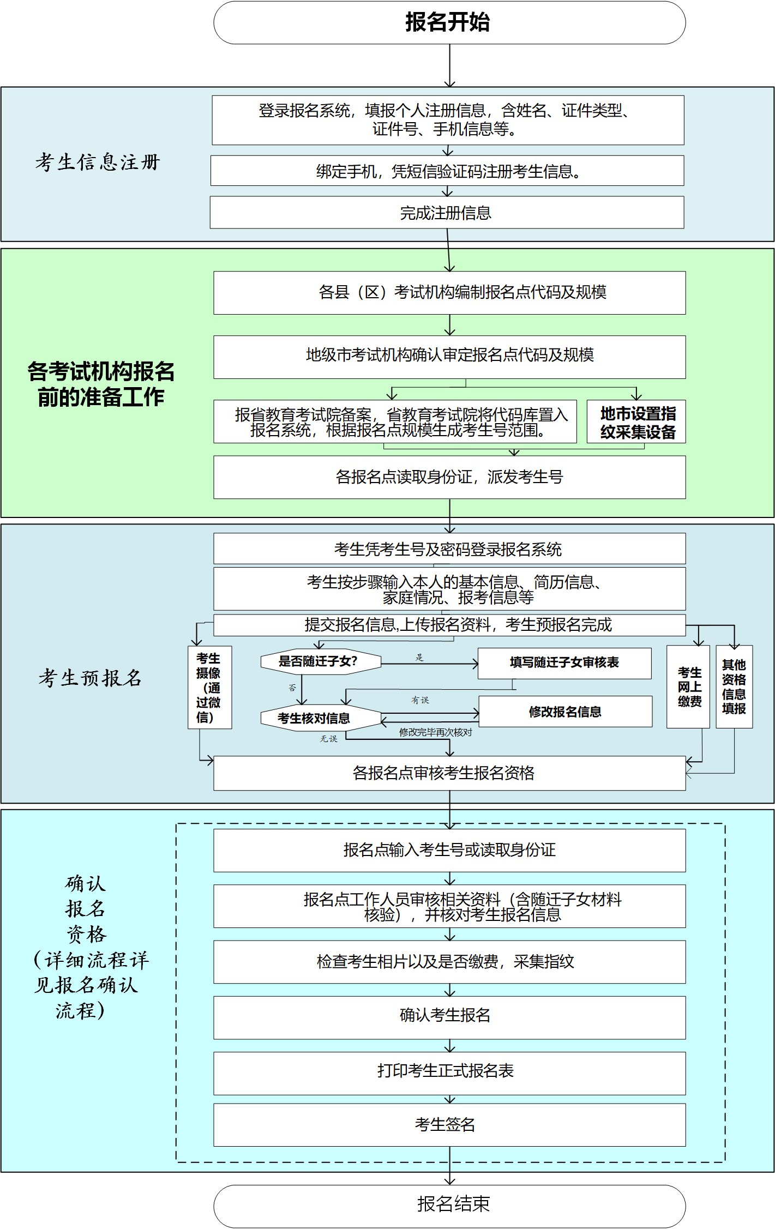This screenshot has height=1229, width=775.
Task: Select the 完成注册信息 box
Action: (447, 213)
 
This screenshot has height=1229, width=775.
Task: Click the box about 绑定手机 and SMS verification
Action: (447, 171)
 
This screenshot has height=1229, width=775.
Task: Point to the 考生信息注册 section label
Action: (98, 162)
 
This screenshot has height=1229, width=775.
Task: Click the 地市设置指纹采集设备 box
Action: (636, 422)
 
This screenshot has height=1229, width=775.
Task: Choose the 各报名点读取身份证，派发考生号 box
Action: (449, 477)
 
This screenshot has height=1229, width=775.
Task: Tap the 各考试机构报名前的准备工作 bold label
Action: (101, 384)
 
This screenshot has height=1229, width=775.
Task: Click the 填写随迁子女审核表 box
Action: (564, 662)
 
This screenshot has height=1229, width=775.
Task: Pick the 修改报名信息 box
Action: (565, 712)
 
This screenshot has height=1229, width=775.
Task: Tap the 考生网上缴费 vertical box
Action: (688, 687)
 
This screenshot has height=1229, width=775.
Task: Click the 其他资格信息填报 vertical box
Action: (734, 687)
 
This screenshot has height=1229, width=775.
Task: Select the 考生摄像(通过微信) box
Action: (209, 688)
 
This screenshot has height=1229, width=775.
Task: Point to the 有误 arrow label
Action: (420, 700)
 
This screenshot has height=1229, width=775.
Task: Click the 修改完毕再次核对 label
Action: (435, 732)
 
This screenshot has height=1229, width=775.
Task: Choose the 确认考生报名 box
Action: (449, 1015)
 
